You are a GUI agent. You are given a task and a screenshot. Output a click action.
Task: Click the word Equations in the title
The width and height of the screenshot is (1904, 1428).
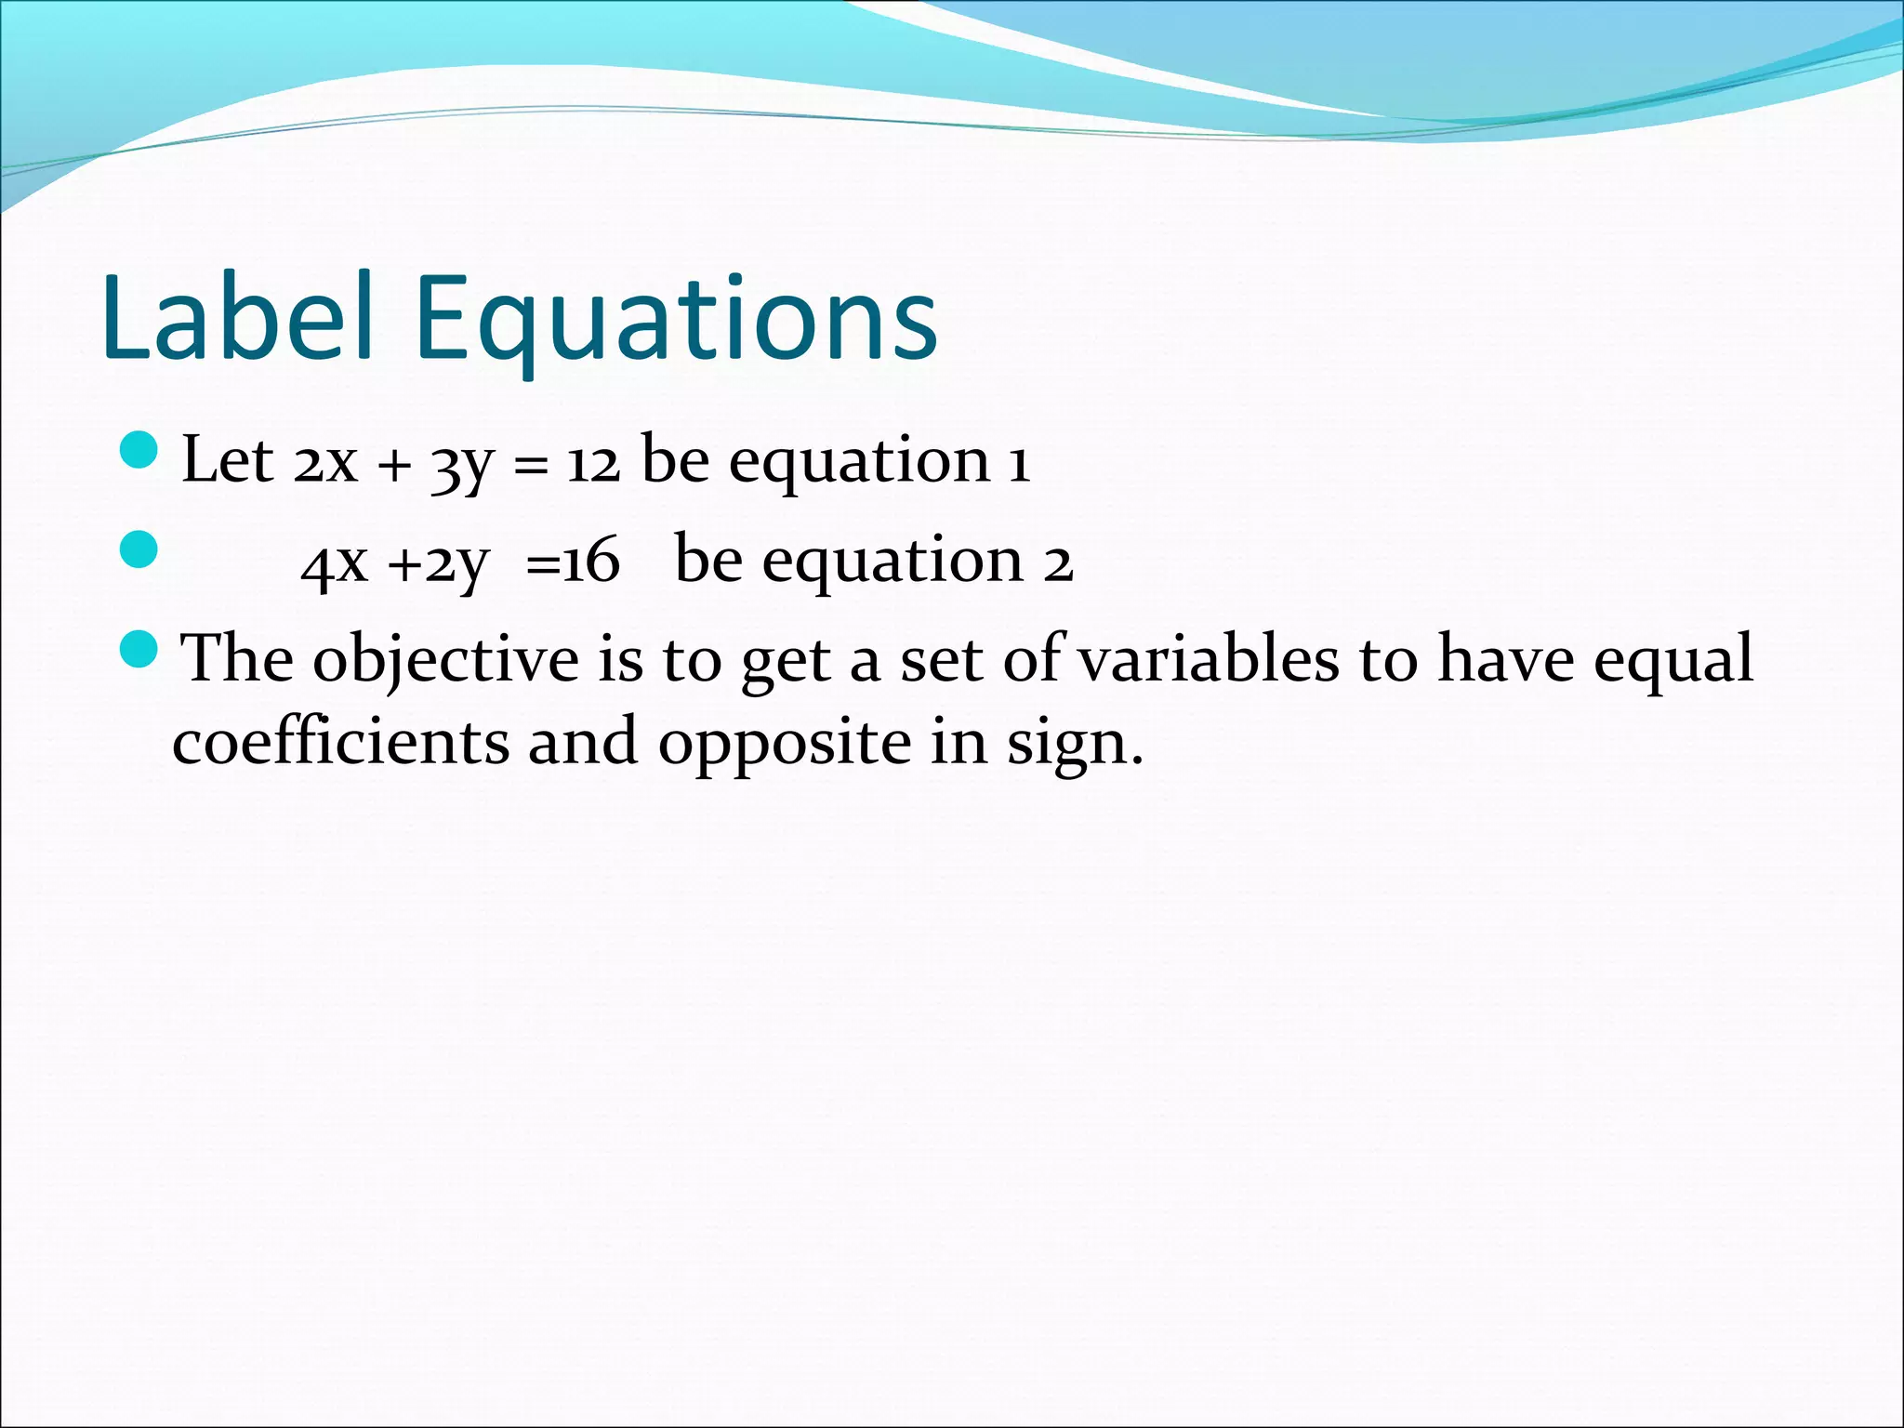tap(676, 321)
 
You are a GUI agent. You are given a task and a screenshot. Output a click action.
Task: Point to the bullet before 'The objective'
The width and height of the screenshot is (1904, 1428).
tap(140, 647)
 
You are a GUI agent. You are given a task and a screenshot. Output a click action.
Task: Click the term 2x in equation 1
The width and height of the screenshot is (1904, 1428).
tap(325, 462)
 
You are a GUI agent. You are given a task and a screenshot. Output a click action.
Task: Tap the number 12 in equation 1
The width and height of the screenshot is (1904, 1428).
tap(593, 462)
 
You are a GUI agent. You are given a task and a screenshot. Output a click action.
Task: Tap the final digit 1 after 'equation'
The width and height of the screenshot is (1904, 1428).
tap(1020, 462)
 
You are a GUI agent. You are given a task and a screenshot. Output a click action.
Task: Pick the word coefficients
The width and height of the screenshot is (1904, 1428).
tap(341, 742)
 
